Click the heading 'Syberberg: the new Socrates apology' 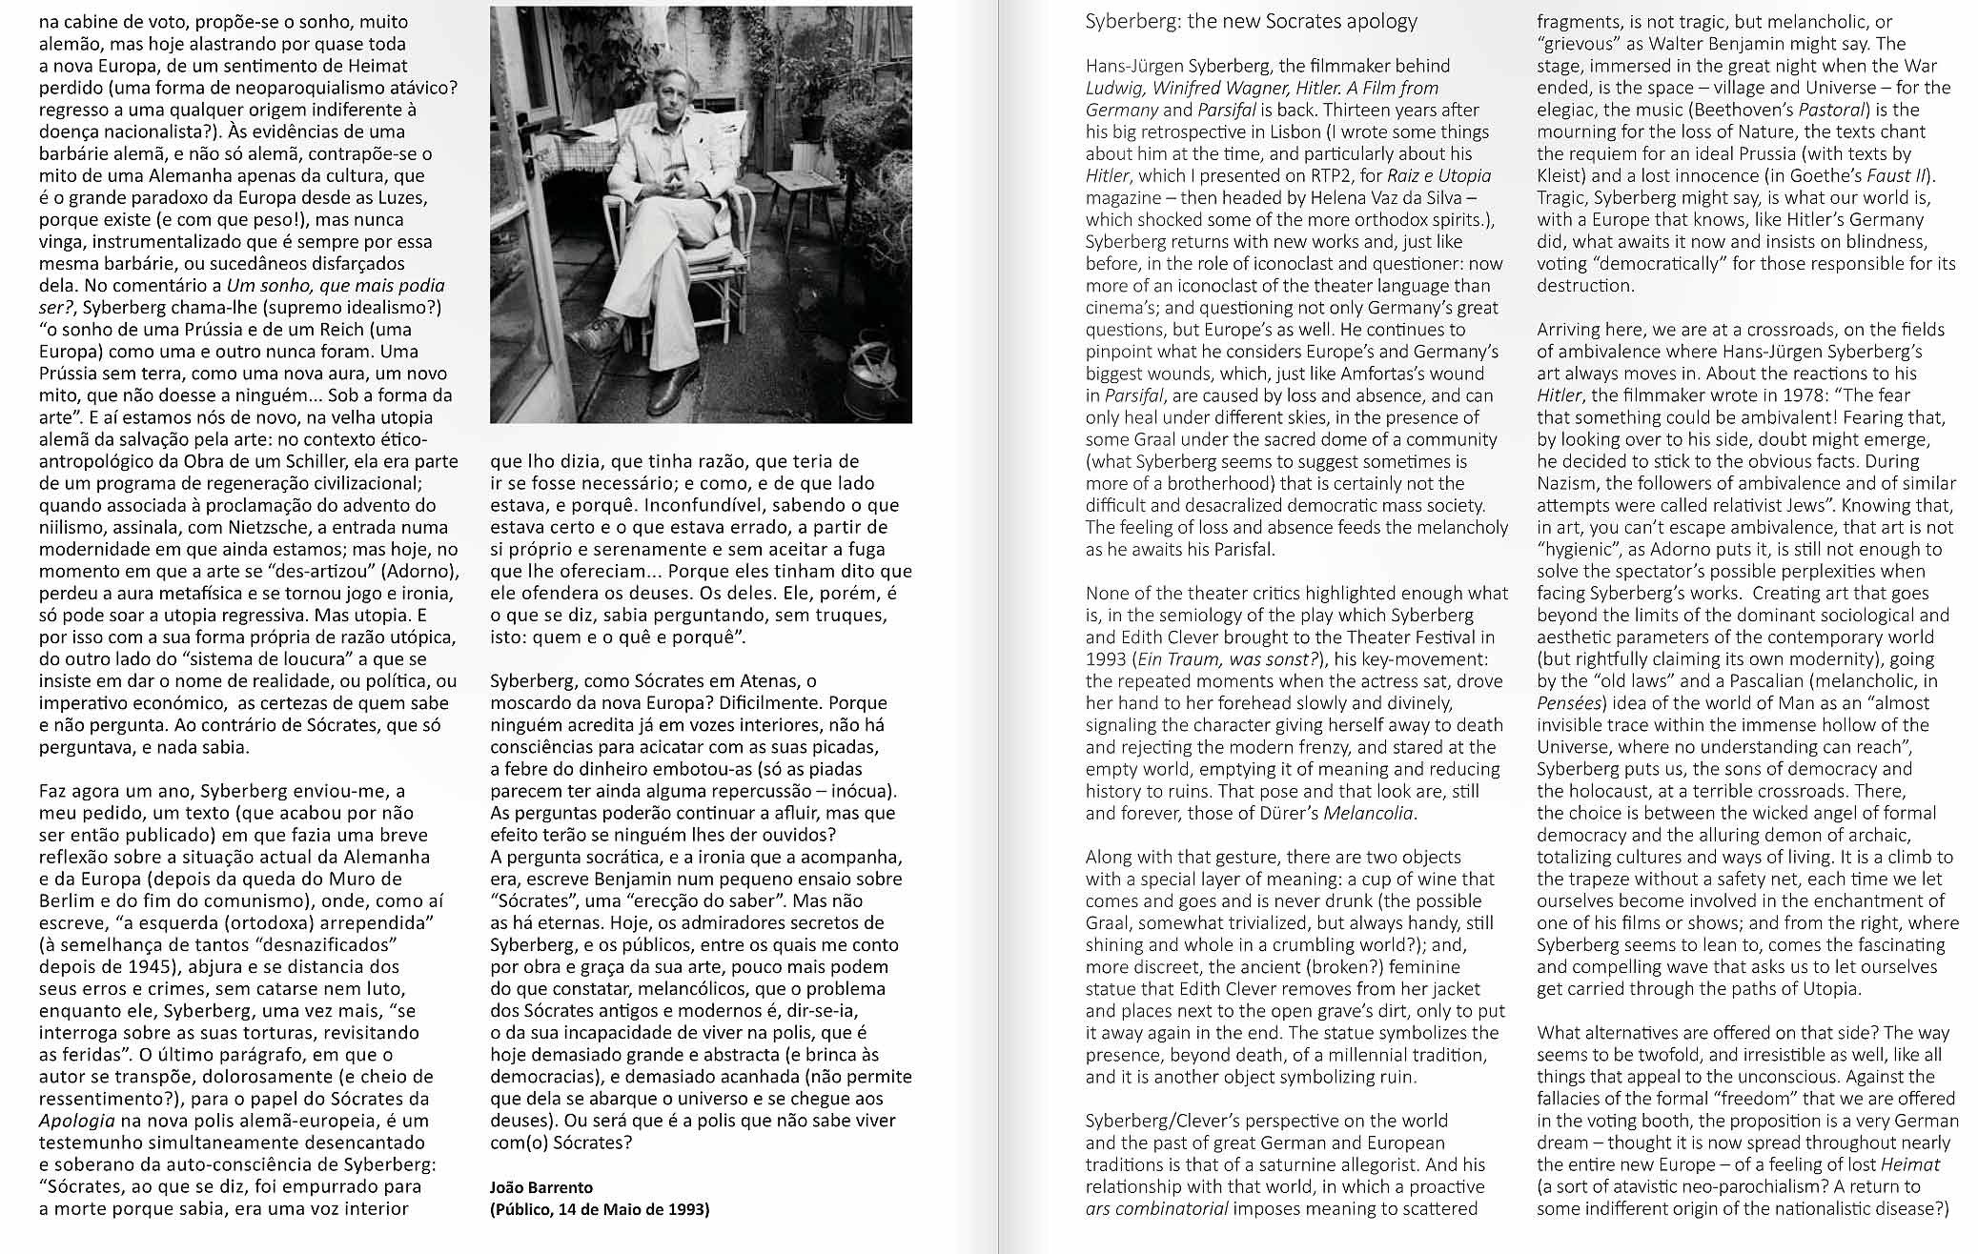pos(1251,21)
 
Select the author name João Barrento pos(541,1187)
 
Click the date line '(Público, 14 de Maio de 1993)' pos(600,1209)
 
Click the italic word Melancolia pos(1368,813)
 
